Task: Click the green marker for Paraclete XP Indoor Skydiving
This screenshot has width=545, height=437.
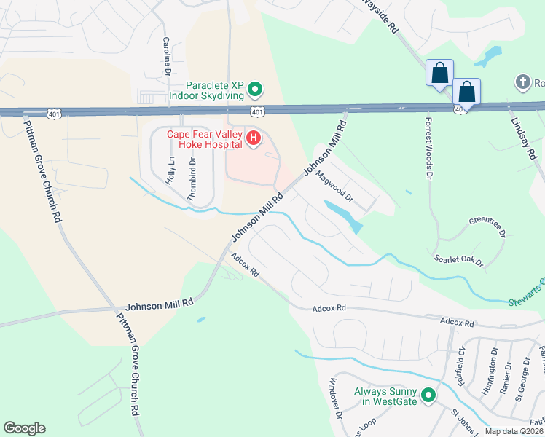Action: [x=255, y=90]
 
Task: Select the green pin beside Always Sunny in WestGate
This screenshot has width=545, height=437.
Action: [x=428, y=396]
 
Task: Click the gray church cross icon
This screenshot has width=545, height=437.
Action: [x=522, y=82]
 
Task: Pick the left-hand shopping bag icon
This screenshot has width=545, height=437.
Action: [x=439, y=74]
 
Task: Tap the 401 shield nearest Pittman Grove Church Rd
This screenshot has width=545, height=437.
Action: [x=54, y=114]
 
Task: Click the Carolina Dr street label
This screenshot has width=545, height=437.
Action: [x=166, y=57]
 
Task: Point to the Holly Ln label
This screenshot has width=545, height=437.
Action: [x=170, y=170]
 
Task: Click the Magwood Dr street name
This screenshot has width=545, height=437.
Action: [x=336, y=187]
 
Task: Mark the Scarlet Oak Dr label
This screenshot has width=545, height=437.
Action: [x=459, y=260]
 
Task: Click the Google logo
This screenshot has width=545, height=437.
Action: [x=24, y=428]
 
